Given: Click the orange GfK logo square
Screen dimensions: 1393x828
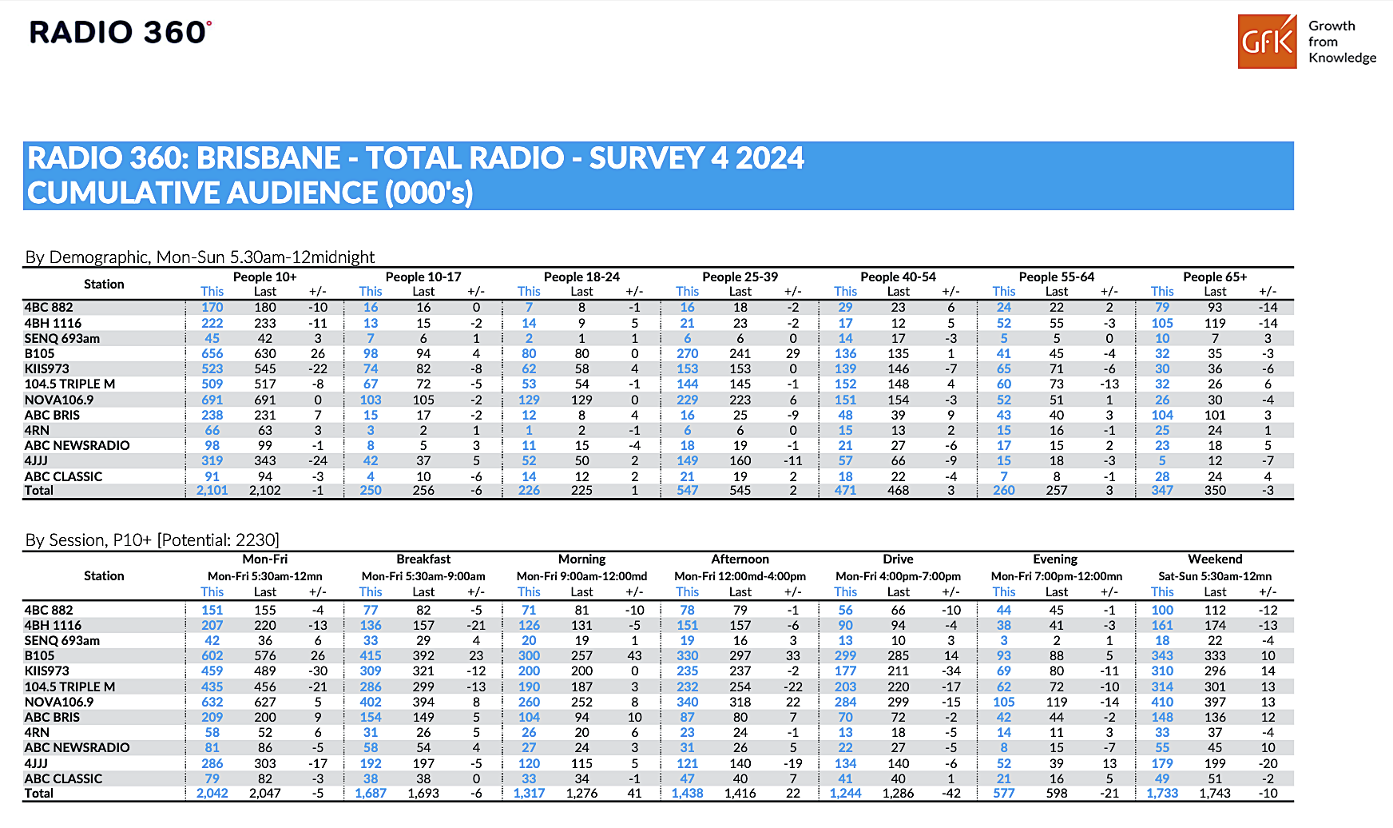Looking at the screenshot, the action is (1268, 41).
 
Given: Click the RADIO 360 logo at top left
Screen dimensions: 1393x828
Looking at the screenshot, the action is (121, 32).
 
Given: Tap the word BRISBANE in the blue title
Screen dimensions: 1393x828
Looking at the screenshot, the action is (268, 158).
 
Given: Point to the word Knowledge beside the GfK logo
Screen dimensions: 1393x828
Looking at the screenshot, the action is (1343, 58).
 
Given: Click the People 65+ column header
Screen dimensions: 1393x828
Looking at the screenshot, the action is (1215, 277).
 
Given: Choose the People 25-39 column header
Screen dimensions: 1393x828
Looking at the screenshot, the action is (740, 277).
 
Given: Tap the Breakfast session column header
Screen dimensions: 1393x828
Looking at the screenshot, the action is (423, 559).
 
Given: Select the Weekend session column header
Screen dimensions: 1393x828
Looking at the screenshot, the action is (1215, 559).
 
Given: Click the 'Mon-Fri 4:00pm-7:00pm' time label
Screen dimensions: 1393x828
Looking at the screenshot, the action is (898, 576).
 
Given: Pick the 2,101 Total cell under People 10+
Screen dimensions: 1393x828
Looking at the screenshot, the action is (212, 491).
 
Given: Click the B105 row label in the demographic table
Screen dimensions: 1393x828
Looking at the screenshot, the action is (40, 353).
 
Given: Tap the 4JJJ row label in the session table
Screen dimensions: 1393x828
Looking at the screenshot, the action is (36, 763).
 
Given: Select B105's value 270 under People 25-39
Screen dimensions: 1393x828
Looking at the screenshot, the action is (688, 353).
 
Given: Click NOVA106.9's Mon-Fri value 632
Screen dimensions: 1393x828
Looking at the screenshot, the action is (212, 702).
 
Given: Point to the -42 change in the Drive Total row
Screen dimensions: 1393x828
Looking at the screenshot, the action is (950, 794).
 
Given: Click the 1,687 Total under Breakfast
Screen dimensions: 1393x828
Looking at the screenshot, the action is (371, 794).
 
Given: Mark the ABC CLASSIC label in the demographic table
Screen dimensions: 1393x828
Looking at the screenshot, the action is (64, 476).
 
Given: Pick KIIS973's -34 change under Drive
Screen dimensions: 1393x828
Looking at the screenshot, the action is (950, 671).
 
